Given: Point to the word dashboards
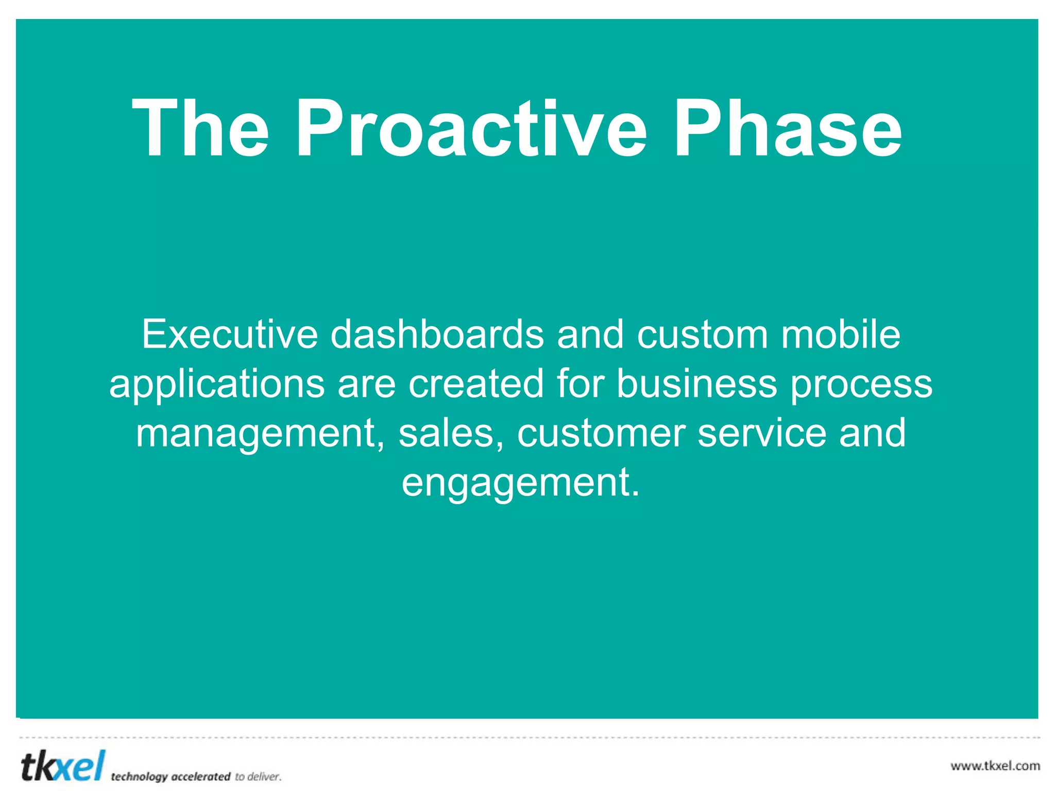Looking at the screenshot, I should point(437,335).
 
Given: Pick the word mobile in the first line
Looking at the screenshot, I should point(841,335).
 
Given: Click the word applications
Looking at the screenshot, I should point(217,384).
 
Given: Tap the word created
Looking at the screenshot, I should point(476,384).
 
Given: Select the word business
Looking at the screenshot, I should point(696,384).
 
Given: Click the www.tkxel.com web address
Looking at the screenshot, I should point(995,766).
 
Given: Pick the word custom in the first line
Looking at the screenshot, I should point(703,335).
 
